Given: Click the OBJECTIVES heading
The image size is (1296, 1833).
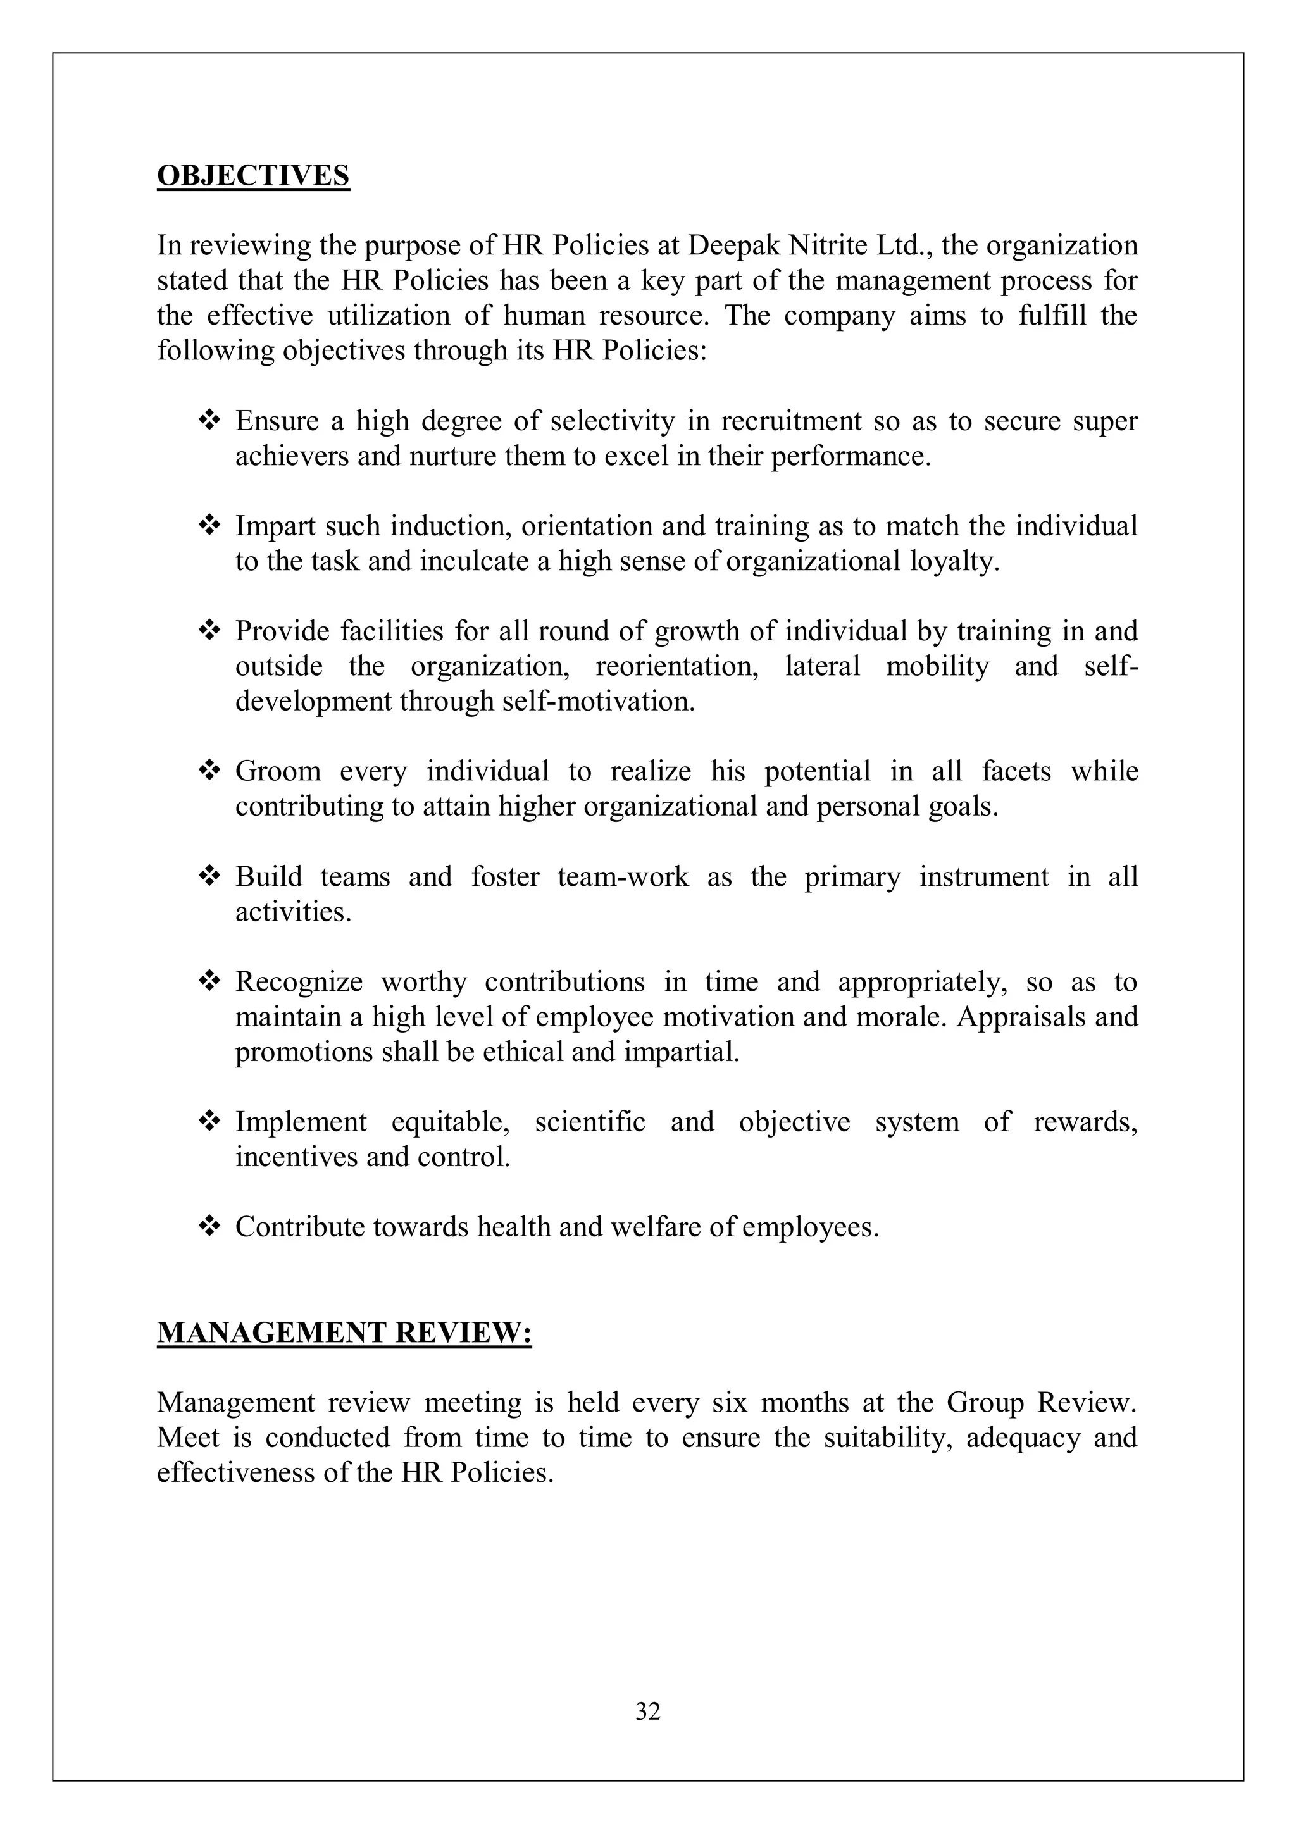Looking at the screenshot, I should (x=253, y=176).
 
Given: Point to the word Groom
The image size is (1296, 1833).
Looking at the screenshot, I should (x=278, y=772).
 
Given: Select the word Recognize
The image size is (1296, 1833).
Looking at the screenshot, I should (x=299, y=982).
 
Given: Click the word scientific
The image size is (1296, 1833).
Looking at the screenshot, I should (x=590, y=1122).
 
